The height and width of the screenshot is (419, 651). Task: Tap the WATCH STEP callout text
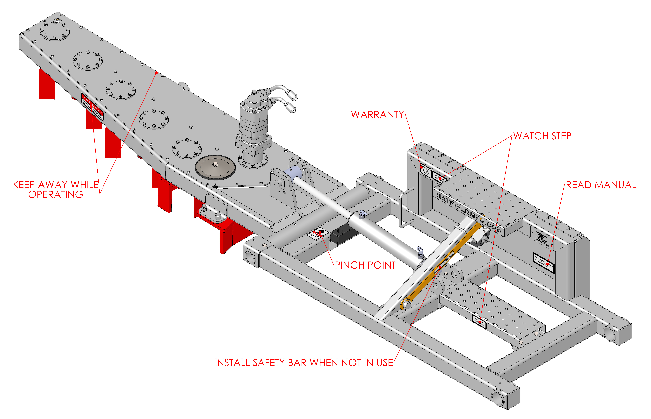click(542, 136)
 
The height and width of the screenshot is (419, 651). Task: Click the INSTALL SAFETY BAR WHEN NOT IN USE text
click(304, 363)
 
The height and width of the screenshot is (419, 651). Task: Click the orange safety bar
click(441, 267)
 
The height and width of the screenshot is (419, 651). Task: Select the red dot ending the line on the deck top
click(156, 73)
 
